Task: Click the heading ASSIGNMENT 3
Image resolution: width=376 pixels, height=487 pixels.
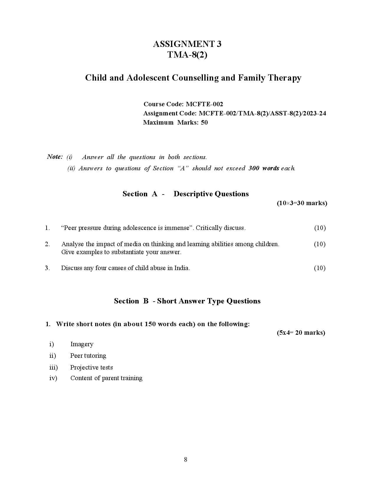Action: pyautogui.click(x=187, y=44)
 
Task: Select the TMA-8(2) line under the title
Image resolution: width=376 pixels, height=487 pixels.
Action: pyautogui.click(x=187, y=55)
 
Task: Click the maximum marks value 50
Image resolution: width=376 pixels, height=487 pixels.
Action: pyautogui.click(x=204, y=122)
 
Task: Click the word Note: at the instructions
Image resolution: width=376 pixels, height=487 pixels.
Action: pyautogui.click(x=55, y=157)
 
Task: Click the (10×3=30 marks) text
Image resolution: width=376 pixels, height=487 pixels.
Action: pyautogui.click(x=302, y=203)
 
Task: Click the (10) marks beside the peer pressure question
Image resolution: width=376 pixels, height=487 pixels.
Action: pyautogui.click(x=320, y=228)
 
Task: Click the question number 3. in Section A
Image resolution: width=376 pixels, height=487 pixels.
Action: pyautogui.click(x=47, y=268)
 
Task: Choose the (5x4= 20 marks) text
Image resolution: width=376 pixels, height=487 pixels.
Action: pyautogui.click(x=301, y=333)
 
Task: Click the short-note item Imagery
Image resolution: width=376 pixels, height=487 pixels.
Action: pyautogui.click(x=82, y=344)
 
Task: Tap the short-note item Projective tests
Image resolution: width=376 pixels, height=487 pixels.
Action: pyautogui.click(x=91, y=367)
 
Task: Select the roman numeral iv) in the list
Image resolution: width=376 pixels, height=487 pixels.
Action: pyautogui.click(x=53, y=378)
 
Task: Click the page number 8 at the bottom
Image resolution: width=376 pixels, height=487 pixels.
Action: pyautogui.click(x=185, y=460)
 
